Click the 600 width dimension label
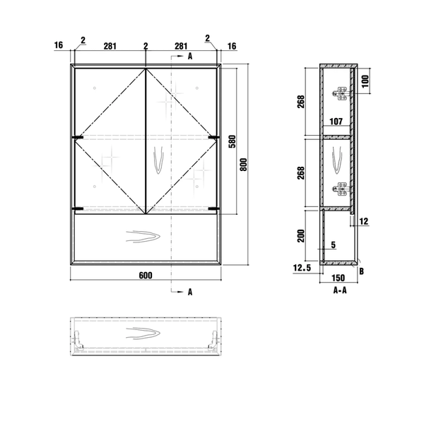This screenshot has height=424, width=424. tap(146, 276)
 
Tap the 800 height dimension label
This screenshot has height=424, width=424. tap(244, 165)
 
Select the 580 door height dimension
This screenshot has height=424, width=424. tap(232, 141)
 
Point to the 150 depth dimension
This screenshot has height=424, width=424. tap(338, 278)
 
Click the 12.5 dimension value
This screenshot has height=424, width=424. tap(302, 268)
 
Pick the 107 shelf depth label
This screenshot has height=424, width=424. tap(336, 122)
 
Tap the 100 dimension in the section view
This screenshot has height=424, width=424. tap(365, 81)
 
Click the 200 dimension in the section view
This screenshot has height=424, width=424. tap(301, 236)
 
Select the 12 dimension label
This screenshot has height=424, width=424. tap(364, 221)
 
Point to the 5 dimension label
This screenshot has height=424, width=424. tap(334, 245)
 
